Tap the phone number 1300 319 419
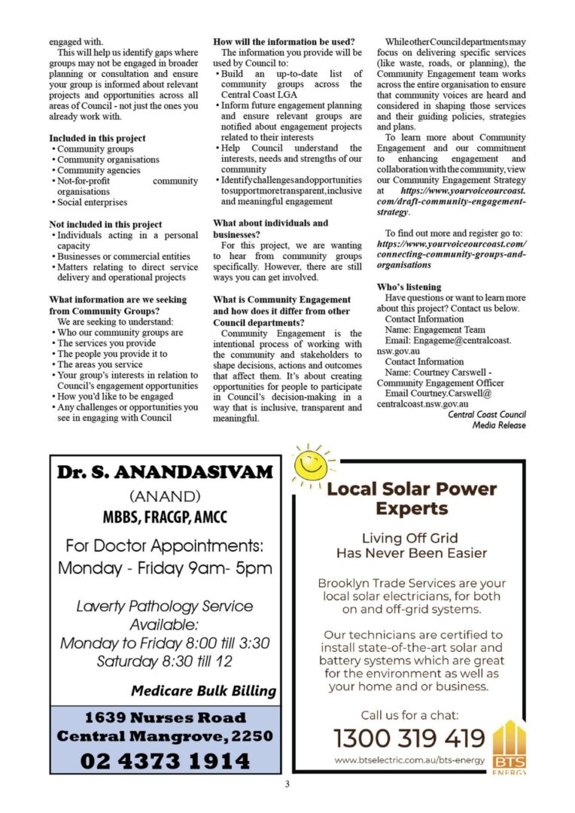pos(409,737)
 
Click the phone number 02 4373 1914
pos(165,760)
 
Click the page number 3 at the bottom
pos(287,784)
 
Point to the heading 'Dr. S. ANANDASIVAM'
pos(165,473)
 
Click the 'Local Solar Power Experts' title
pos(412,498)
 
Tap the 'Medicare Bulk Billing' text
pos(203,690)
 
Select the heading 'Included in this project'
pos(97,139)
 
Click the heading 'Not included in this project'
pos(105,224)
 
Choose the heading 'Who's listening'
pos(409,287)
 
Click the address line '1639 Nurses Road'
pos(165,717)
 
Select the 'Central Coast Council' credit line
pos(486,415)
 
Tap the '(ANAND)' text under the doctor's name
pos(165,497)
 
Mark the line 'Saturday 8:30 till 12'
pos(165,662)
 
